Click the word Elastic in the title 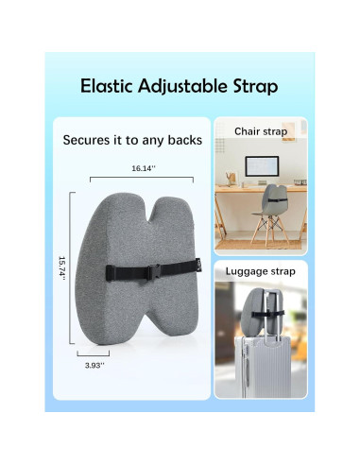point(109,87)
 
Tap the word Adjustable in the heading point(183,88)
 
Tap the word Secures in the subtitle point(88,140)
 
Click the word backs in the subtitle point(185,140)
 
